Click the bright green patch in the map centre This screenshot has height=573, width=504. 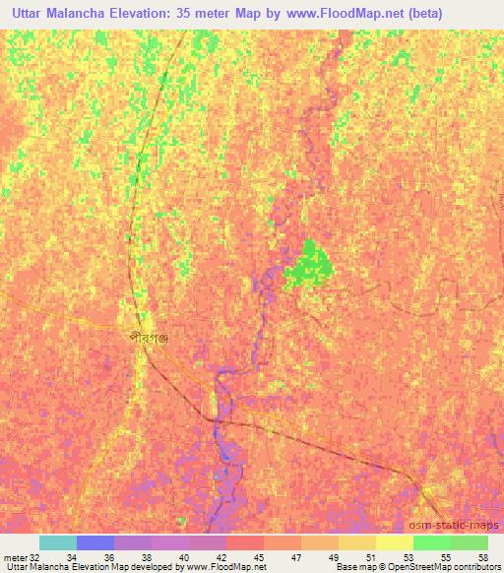click(x=310, y=263)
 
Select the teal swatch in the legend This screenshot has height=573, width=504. click(x=58, y=542)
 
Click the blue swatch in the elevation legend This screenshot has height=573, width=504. click(x=95, y=542)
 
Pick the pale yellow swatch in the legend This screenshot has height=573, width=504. click(x=395, y=542)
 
